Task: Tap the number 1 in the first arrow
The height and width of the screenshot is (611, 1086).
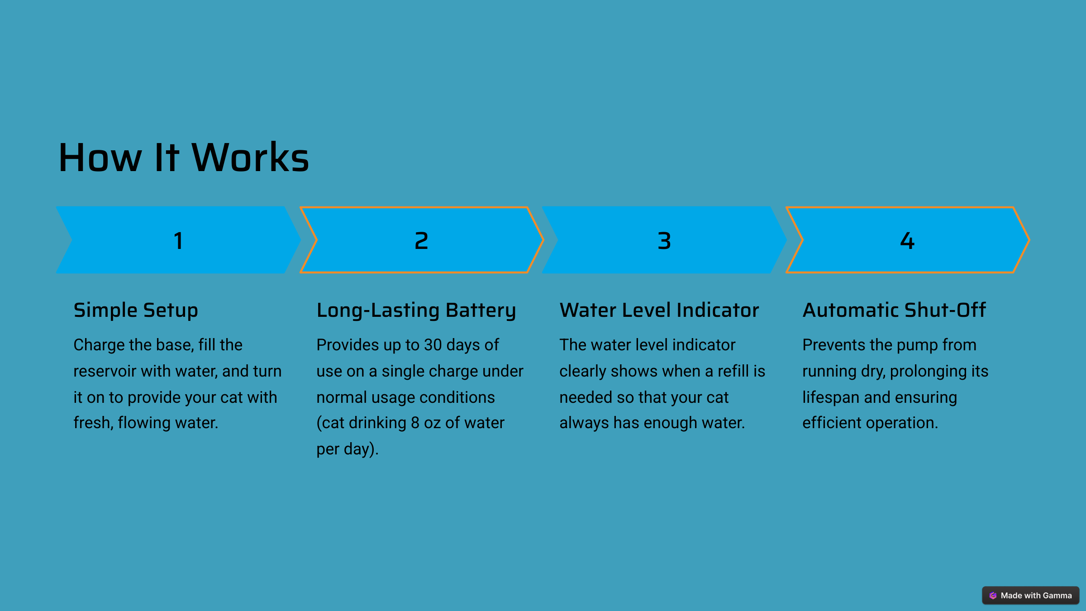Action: pyautogui.click(x=178, y=240)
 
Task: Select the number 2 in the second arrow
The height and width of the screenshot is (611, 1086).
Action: pyautogui.click(x=421, y=240)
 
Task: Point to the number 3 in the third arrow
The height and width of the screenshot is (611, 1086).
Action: pyautogui.click(x=664, y=240)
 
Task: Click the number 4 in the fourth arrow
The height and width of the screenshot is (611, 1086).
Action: pyautogui.click(x=907, y=240)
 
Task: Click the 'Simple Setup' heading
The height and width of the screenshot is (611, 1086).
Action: pyautogui.click(x=136, y=311)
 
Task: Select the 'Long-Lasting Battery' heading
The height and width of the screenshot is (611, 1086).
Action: pyautogui.click(x=416, y=311)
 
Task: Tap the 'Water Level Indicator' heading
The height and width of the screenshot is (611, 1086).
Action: pyautogui.click(x=659, y=310)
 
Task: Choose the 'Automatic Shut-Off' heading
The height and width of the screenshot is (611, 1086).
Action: pyautogui.click(x=894, y=310)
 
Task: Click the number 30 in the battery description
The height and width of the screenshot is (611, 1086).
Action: pyautogui.click(x=433, y=345)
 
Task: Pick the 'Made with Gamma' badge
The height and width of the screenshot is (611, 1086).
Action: pyautogui.click(x=1030, y=596)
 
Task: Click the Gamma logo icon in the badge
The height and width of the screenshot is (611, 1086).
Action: pyautogui.click(x=993, y=596)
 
